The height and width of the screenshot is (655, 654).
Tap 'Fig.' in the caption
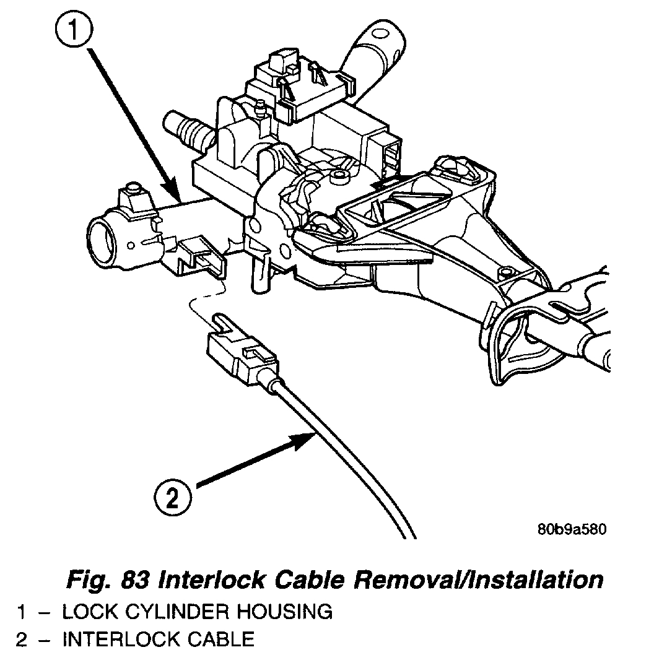point(87,580)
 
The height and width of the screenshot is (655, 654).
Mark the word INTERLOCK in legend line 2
point(115,638)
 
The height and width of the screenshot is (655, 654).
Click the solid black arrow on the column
point(388,181)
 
